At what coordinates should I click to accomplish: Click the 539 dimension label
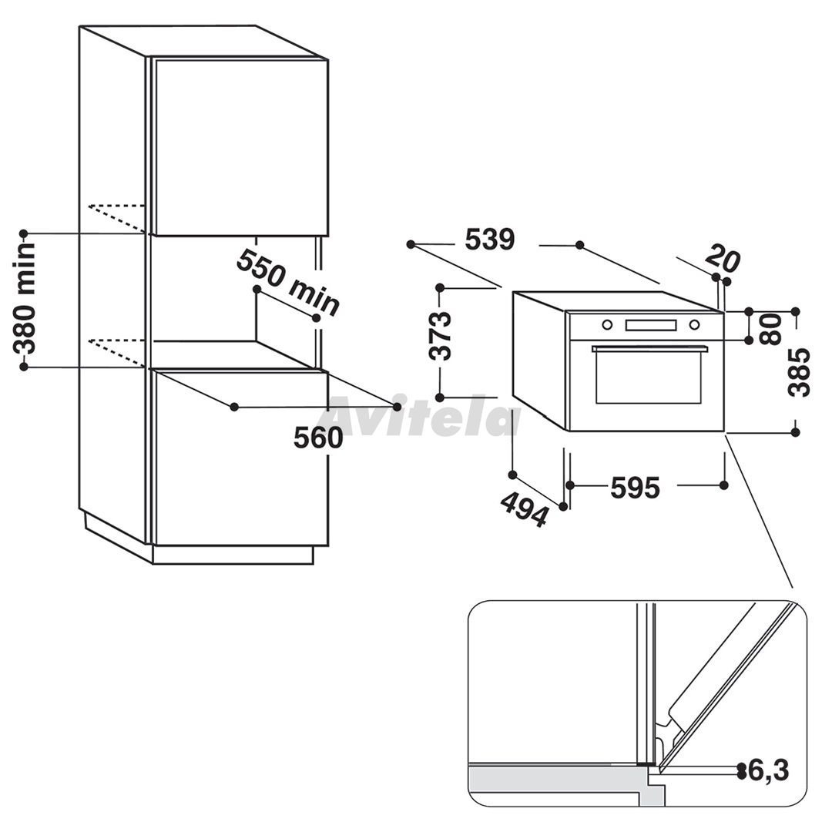[490, 240]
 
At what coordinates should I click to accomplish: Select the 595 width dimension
[635, 487]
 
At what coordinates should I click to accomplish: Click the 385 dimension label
[799, 372]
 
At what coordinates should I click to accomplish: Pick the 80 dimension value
[770, 329]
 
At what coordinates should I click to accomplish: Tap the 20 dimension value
[723, 258]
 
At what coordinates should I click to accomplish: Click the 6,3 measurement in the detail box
[768, 770]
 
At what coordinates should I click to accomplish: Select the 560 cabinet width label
[318, 438]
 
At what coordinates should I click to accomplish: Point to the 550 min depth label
[287, 283]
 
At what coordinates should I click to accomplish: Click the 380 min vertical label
[25, 298]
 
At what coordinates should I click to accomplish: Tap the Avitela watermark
[424, 415]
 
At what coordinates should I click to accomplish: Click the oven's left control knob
[606, 325]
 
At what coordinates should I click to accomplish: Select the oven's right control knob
[694, 325]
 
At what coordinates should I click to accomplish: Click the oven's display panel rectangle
[651, 325]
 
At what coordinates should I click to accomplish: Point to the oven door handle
[650, 349]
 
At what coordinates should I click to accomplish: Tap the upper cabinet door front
[240, 146]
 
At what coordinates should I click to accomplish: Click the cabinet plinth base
[233, 555]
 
